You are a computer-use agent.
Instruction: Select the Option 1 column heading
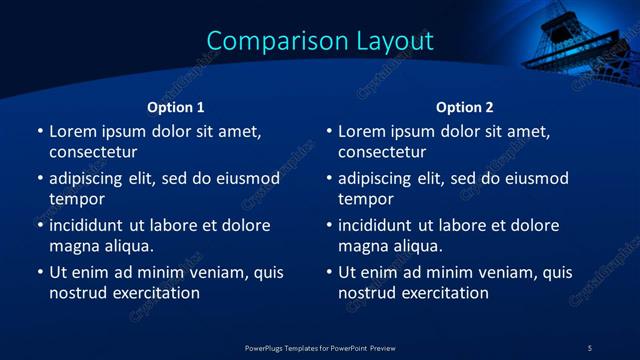(176, 107)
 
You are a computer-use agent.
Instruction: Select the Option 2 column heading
(465, 107)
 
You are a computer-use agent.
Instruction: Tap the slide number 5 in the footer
(589, 347)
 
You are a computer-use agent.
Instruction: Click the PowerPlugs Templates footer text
(320, 347)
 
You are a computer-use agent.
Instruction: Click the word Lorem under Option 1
(72, 131)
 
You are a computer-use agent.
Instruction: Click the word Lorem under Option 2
(361, 131)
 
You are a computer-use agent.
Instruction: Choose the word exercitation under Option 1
(155, 293)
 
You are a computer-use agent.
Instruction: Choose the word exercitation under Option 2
(444, 293)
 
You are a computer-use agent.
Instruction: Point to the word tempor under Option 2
(366, 200)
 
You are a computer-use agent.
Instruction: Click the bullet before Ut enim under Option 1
(40, 272)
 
